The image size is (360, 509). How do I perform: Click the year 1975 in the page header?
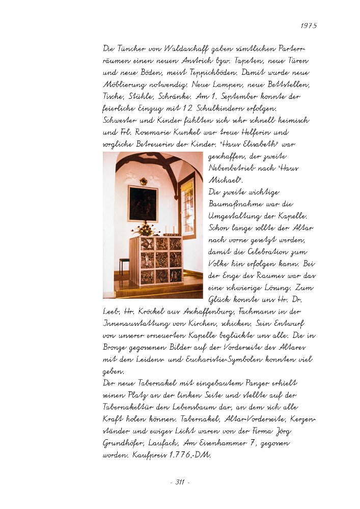(308, 25)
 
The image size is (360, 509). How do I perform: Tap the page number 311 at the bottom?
(180, 482)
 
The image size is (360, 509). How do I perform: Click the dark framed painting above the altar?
(143, 203)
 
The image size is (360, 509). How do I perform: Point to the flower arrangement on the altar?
(145, 229)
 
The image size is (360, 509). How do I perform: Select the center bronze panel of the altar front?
(161, 260)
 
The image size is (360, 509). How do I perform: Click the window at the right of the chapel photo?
(187, 206)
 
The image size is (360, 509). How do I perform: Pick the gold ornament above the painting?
(144, 181)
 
